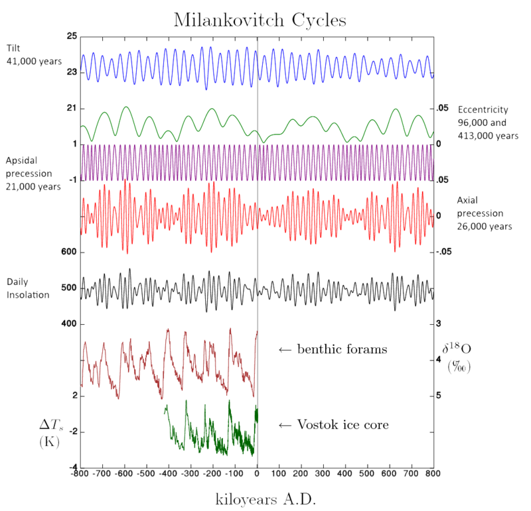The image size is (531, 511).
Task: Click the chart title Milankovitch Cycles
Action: [x=260, y=20]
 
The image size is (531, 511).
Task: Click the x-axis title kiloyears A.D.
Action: [x=265, y=498]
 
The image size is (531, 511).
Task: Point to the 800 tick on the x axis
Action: [x=433, y=475]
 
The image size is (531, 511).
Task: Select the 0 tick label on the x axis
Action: [x=257, y=475]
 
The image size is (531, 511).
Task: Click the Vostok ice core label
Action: [x=341, y=424]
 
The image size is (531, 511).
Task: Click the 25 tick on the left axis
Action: [x=72, y=35]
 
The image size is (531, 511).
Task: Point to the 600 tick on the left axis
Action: [x=69, y=252]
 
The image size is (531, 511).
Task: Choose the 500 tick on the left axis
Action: [x=69, y=288]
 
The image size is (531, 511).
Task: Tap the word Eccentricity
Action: [x=483, y=110]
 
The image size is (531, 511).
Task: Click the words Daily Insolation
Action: [x=28, y=288]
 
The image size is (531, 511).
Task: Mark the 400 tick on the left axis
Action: [x=69, y=324]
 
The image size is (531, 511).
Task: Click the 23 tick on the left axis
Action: [x=72, y=71]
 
